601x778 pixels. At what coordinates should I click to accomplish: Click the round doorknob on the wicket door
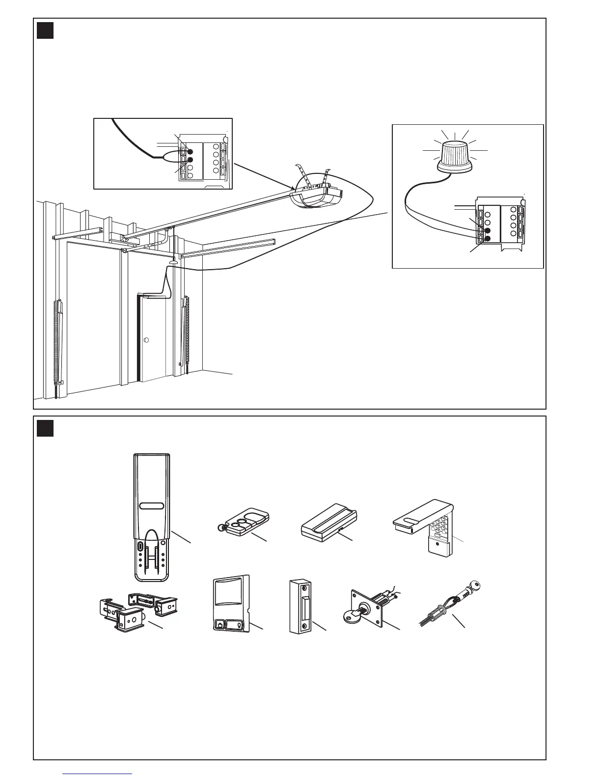pos(146,340)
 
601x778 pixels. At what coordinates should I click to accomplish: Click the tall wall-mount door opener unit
pos(152,516)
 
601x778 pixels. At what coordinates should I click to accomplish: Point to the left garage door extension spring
pos(57,344)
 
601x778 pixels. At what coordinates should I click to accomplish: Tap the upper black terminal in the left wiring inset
pos(190,152)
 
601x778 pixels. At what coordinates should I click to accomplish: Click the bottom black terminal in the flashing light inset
pos(488,239)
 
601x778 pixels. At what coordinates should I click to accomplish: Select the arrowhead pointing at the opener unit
pos(293,189)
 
